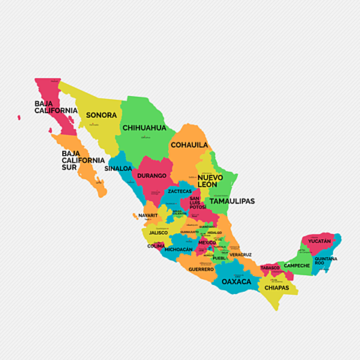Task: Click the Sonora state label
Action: [101, 115]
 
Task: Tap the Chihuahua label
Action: [144, 128]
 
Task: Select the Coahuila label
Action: [189, 145]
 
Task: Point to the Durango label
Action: [151, 175]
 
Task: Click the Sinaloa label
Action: [118, 169]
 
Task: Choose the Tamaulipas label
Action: [232, 201]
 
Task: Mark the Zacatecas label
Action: [179, 191]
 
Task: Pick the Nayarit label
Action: [148, 215]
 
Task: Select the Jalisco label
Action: [158, 232]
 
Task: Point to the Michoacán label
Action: [178, 249]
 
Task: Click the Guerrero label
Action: [201, 268]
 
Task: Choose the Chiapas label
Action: [277, 287]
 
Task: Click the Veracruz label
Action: [241, 255]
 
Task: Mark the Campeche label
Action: [297, 265]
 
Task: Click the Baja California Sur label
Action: [83, 160]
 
